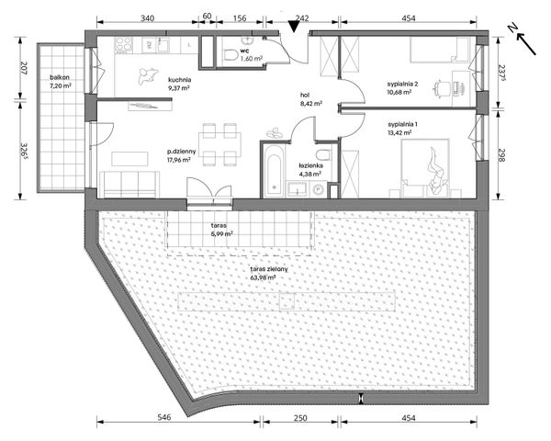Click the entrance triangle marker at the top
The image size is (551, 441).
coord(294,26)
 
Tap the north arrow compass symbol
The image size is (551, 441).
coord(523,40)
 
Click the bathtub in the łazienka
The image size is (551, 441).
coord(274,171)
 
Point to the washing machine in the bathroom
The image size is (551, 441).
coord(319,190)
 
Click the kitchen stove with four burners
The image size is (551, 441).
coord(124,45)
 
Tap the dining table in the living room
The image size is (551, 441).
coord(220,144)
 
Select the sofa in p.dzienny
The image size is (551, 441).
coord(129,185)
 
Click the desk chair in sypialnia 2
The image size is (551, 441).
coord(442,86)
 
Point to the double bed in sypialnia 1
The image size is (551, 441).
coord(425,168)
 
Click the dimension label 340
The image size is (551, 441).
coord(147,18)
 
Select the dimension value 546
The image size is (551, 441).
coord(164,417)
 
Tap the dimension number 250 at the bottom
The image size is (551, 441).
coord(300,418)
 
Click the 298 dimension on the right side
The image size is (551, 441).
coord(501,155)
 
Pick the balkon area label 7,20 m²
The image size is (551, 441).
coord(61,85)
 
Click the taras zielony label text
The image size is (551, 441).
coord(269,269)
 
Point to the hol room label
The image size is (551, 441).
coord(305,95)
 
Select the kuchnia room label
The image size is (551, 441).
coord(179,80)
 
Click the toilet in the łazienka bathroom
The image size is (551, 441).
coord(323,154)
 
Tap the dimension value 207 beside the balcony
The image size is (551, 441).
coord(24,69)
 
